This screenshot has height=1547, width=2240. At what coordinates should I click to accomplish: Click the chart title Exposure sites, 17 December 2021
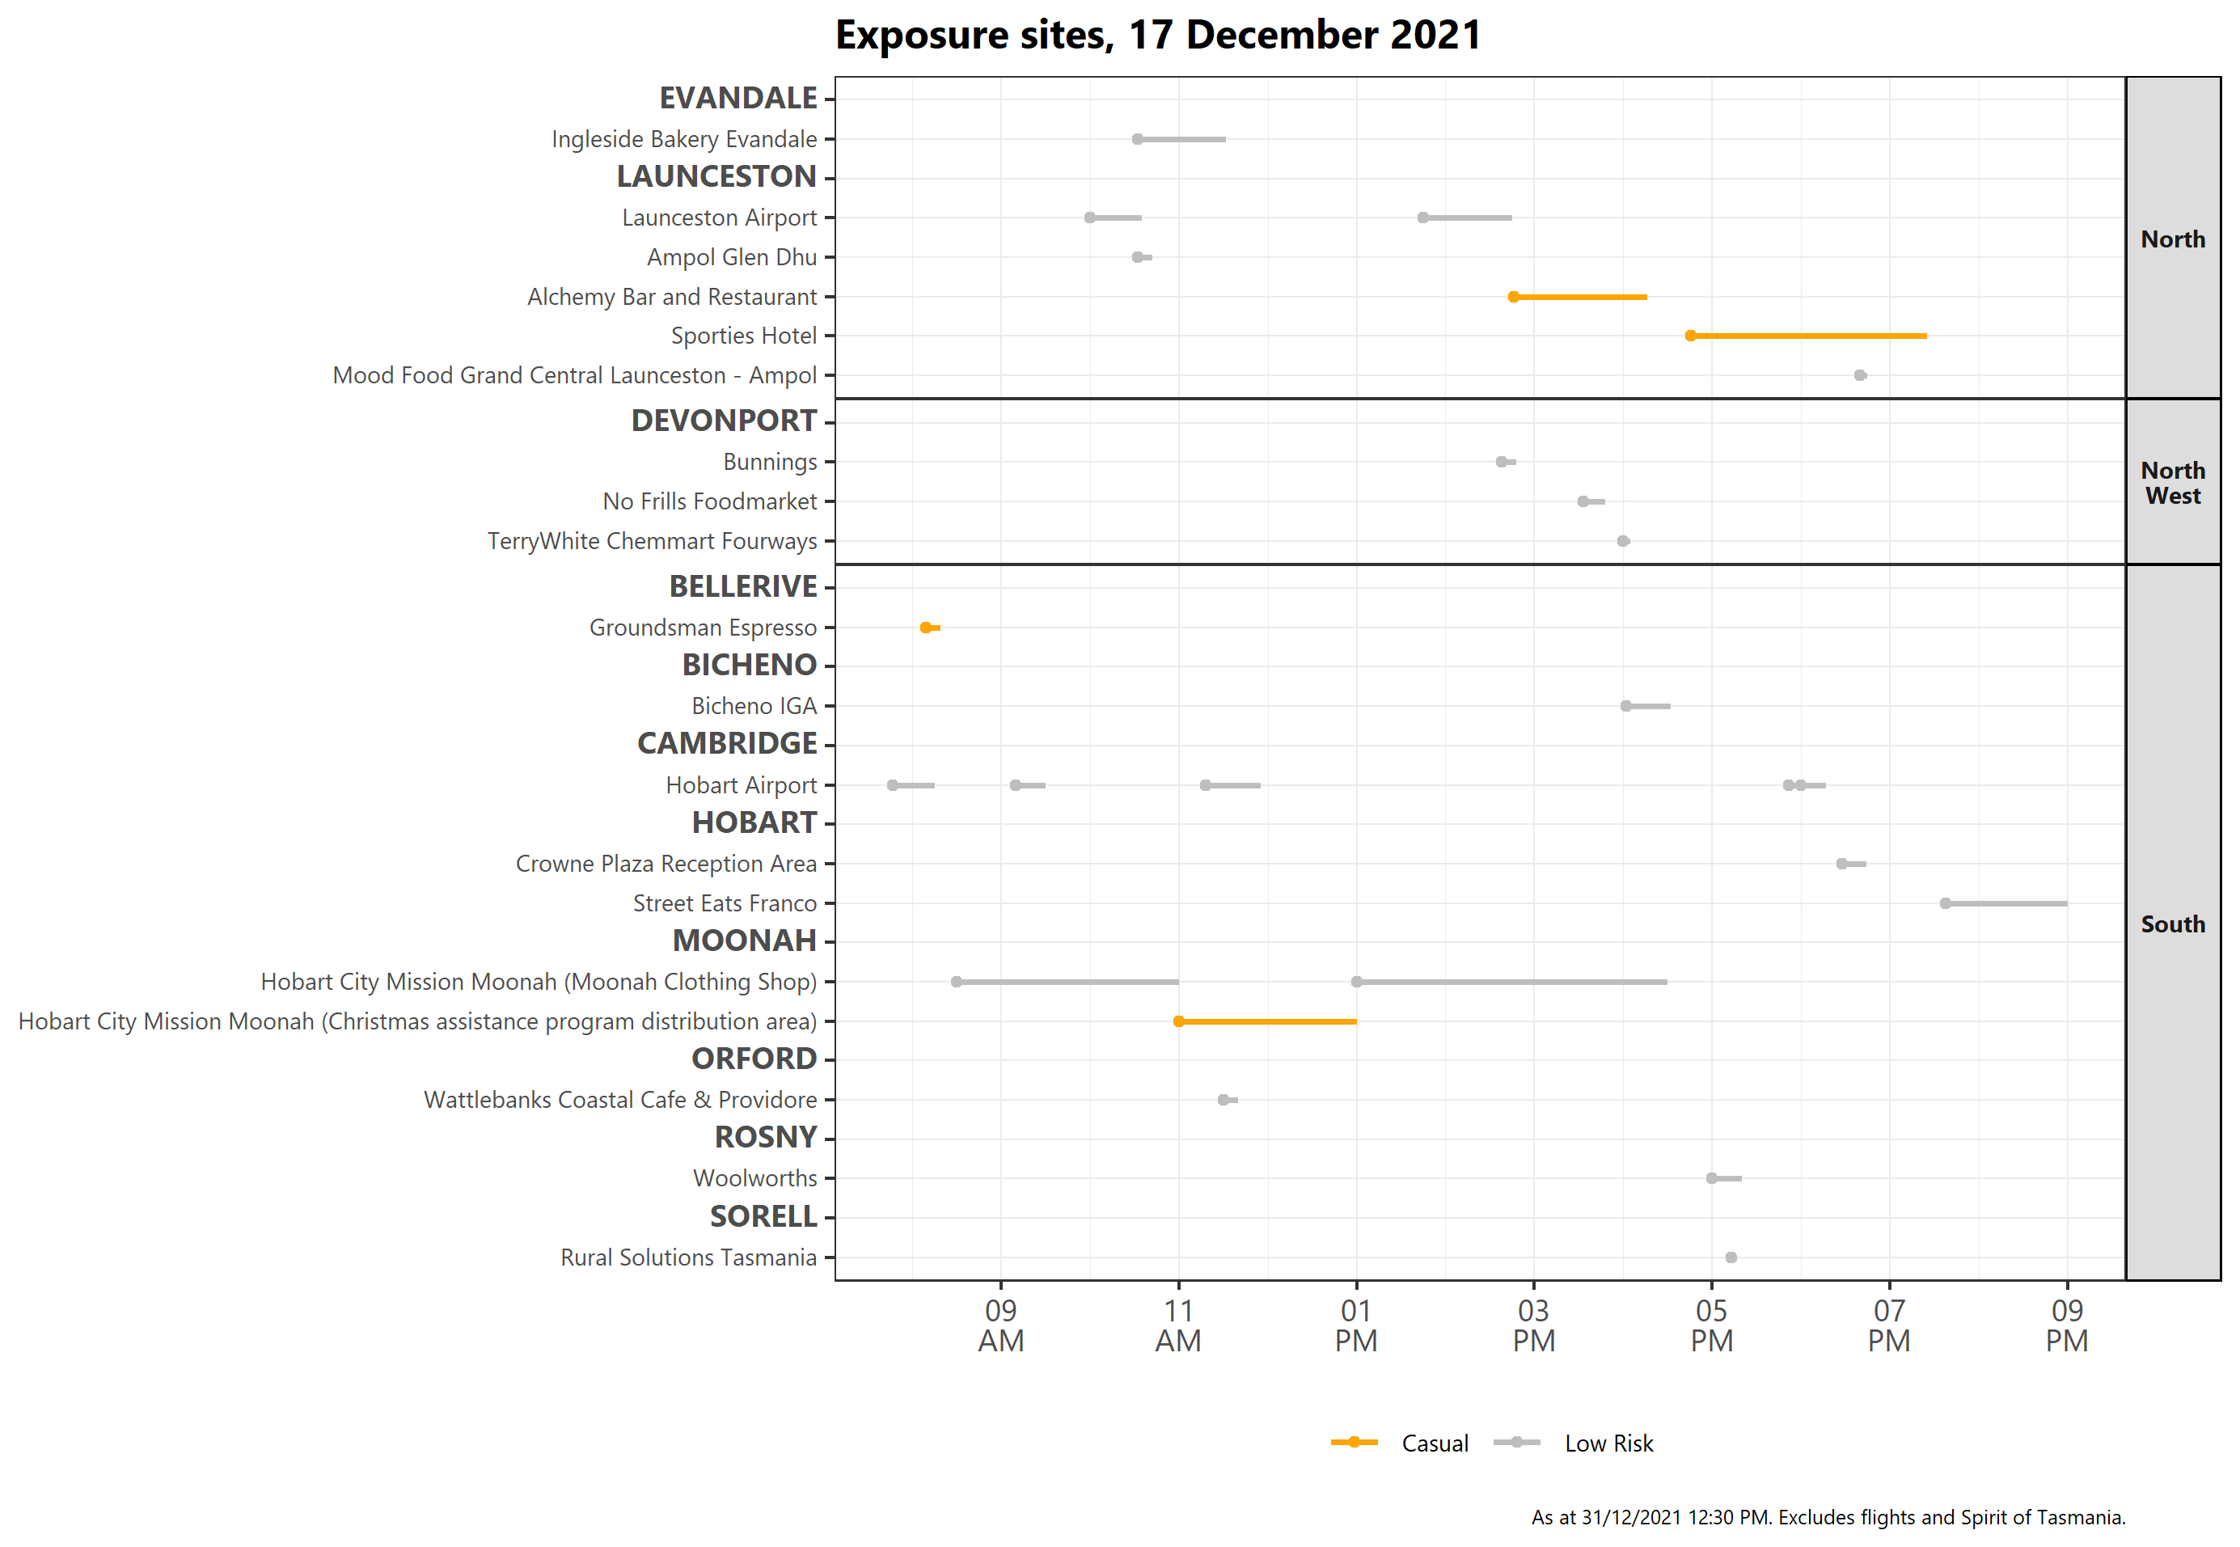pyautogui.click(x=1157, y=36)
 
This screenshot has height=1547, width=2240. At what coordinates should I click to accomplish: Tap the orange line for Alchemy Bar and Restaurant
pyautogui.click(x=1580, y=297)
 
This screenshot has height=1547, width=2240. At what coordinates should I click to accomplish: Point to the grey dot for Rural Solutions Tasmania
pyautogui.click(x=1731, y=1257)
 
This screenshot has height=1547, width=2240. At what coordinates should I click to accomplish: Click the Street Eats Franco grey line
pyautogui.click(x=2005, y=903)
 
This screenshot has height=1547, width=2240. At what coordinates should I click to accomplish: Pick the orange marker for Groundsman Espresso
pyautogui.click(x=926, y=628)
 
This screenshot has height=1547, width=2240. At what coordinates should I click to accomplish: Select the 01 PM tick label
pyautogui.click(x=1356, y=1325)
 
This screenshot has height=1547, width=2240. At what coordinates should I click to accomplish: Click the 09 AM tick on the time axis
pyautogui.click(x=1000, y=1325)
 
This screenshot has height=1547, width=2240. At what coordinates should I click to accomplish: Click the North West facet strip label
pyautogui.click(x=2172, y=483)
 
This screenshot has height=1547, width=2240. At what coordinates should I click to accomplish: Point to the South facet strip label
pyautogui.click(x=2172, y=924)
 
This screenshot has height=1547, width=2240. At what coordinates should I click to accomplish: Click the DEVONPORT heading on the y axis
pyautogui.click(x=723, y=421)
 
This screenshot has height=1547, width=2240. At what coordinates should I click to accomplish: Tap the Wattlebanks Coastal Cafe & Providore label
pyautogui.click(x=619, y=1100)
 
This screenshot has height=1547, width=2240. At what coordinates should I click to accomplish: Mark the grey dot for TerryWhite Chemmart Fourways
pyautogui.click(x=1624, y=541)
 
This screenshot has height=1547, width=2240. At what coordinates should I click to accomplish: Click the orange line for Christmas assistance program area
pyautogui.click(x=1267, y=1021)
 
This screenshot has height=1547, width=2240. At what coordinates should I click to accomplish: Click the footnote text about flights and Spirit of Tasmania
pyautogui.click(x=1827, y=1518)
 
